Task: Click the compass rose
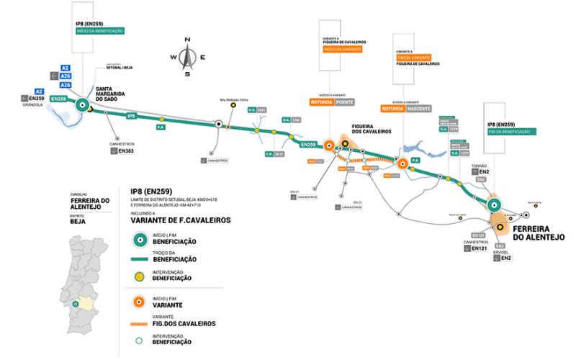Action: point(187,55)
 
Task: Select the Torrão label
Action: point(480,165)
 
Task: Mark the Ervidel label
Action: point(502,251)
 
